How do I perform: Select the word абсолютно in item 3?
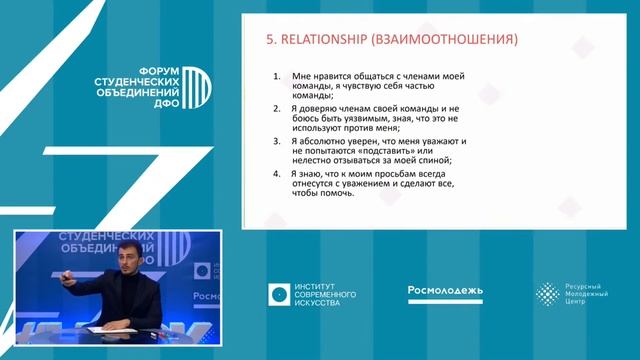pos(324,142)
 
